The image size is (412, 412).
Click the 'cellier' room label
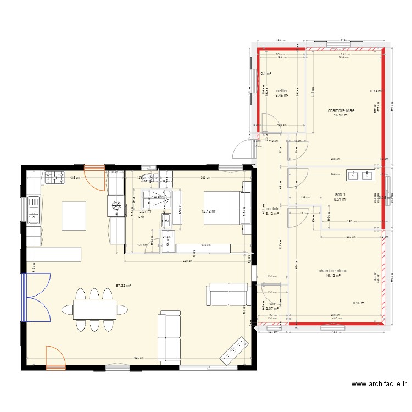click(x=282, y=91)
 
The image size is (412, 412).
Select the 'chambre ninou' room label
click(x=332, y=271)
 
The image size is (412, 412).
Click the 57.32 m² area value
click(x=124, y=285)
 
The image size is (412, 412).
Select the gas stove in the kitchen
click(x=54, y=177)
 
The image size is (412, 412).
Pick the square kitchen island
click(x=74, y=216)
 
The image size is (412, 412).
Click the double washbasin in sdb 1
click(x=360, y=176)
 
